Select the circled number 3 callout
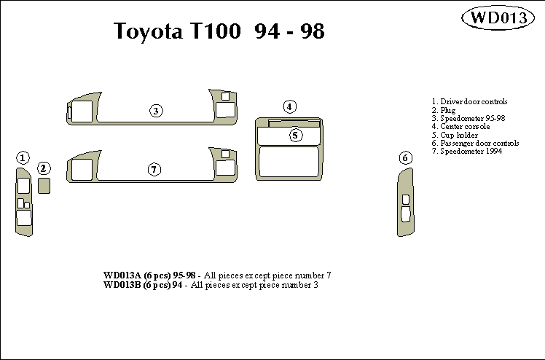click(x=156, y=111)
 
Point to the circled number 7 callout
click(x=154, y=169)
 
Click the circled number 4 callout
click(x=289, y=106)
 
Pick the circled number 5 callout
click(x=295, y=135)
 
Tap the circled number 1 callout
click(x=23, y=157)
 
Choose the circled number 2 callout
click(x=44, y=168)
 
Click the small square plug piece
click(x=44, y=186)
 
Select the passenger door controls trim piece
click(x=404, y=204)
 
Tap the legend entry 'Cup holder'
click(x=456, y=135)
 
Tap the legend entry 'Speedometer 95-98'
click(x=469, y=118)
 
